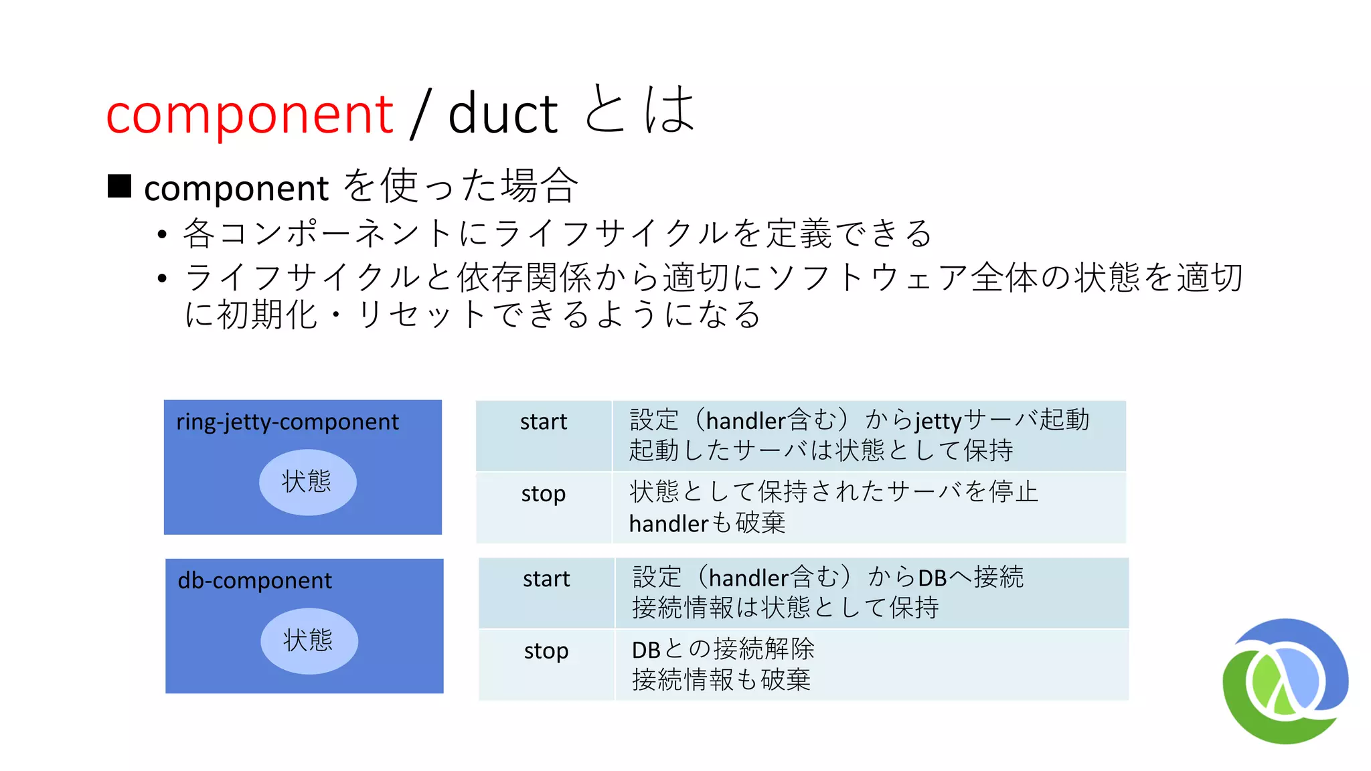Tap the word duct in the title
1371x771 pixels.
(503, 114)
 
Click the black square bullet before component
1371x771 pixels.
(119, 186)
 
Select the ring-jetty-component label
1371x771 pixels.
(287, 422)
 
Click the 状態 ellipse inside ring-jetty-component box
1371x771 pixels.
(307, 482)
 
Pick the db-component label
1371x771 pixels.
(254, 580)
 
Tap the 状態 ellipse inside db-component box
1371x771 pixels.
(309, 640)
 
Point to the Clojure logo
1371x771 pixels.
(1285, 681)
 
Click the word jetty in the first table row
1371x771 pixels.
(938, 421)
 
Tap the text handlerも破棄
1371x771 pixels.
(707, 523)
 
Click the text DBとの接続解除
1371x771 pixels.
(723, 649)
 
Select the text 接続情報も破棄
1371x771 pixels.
(721, 680)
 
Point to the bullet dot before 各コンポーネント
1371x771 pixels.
(161, 234)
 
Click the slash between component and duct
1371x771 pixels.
(420, 115)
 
